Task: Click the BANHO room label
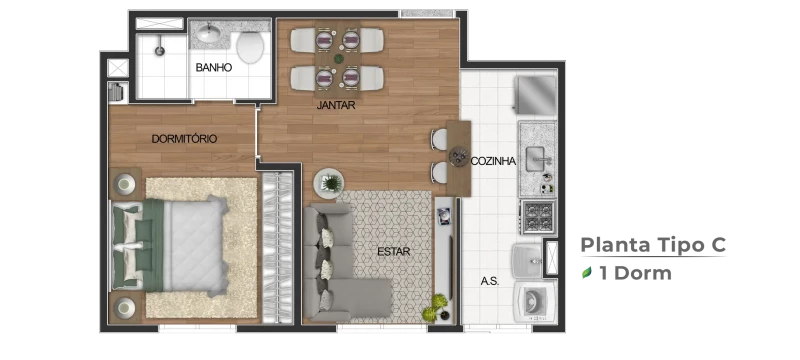213,67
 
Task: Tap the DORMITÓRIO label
184,139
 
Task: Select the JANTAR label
336,106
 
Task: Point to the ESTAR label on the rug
393,251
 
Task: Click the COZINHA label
493,161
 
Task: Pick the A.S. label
490,281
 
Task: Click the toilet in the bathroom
250,46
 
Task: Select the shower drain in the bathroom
160,50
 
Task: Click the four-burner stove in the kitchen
539,216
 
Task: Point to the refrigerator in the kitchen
536,95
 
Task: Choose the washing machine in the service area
535,301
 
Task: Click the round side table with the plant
329,183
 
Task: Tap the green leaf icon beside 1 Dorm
587,273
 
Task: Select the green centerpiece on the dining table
338,59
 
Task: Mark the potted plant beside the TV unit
434,307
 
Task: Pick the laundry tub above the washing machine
528,260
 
